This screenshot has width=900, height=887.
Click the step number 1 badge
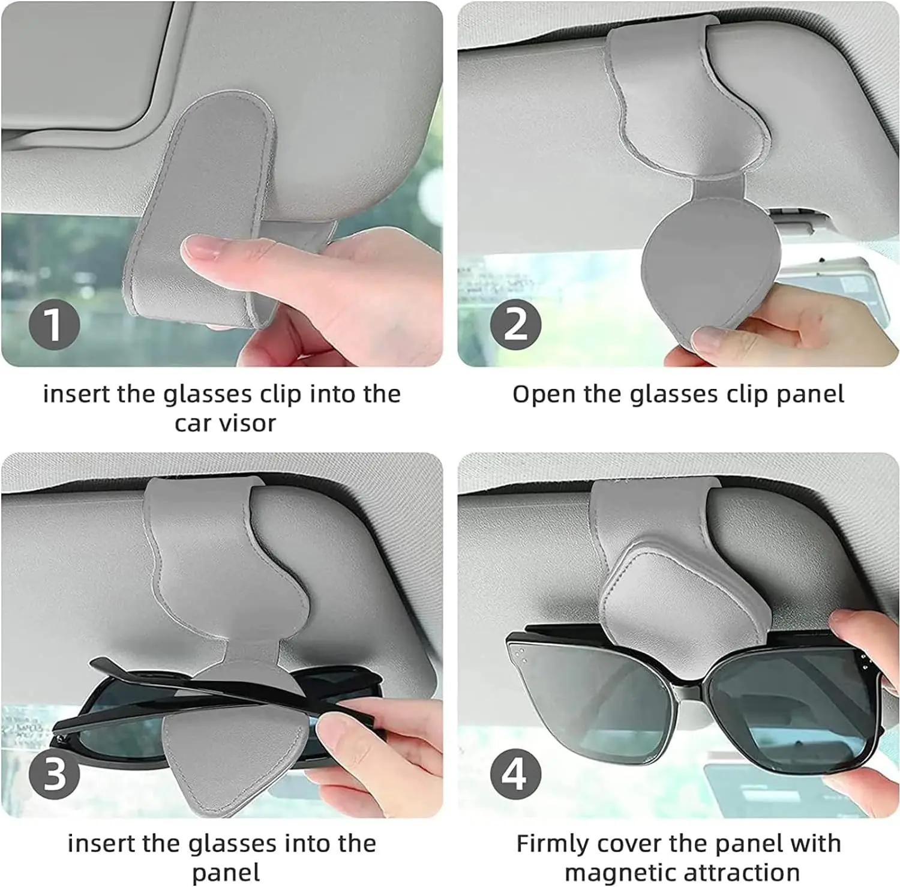(54, 324)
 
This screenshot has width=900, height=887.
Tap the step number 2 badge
(515, 324)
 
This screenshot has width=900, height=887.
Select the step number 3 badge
(54, 773)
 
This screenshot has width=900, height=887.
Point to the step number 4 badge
(515, 773)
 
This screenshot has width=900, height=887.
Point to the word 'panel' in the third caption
(226, 873)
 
